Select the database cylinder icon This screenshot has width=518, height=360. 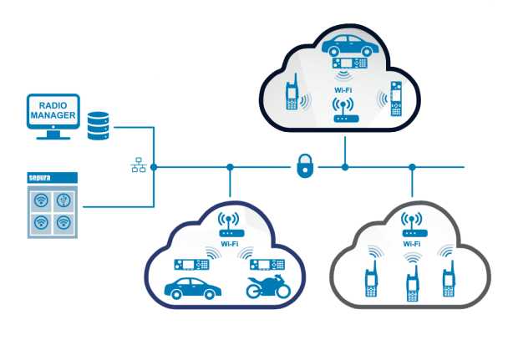pos(99,126)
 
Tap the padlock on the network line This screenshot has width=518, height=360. pos(303,166)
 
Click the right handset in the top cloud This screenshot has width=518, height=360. pos(396,101)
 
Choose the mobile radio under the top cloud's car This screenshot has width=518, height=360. pos(350,63)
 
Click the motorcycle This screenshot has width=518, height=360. pos(267,286)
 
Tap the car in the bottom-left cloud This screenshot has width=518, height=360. pos(193,287)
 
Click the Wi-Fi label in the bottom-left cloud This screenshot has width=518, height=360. pos(230,244)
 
